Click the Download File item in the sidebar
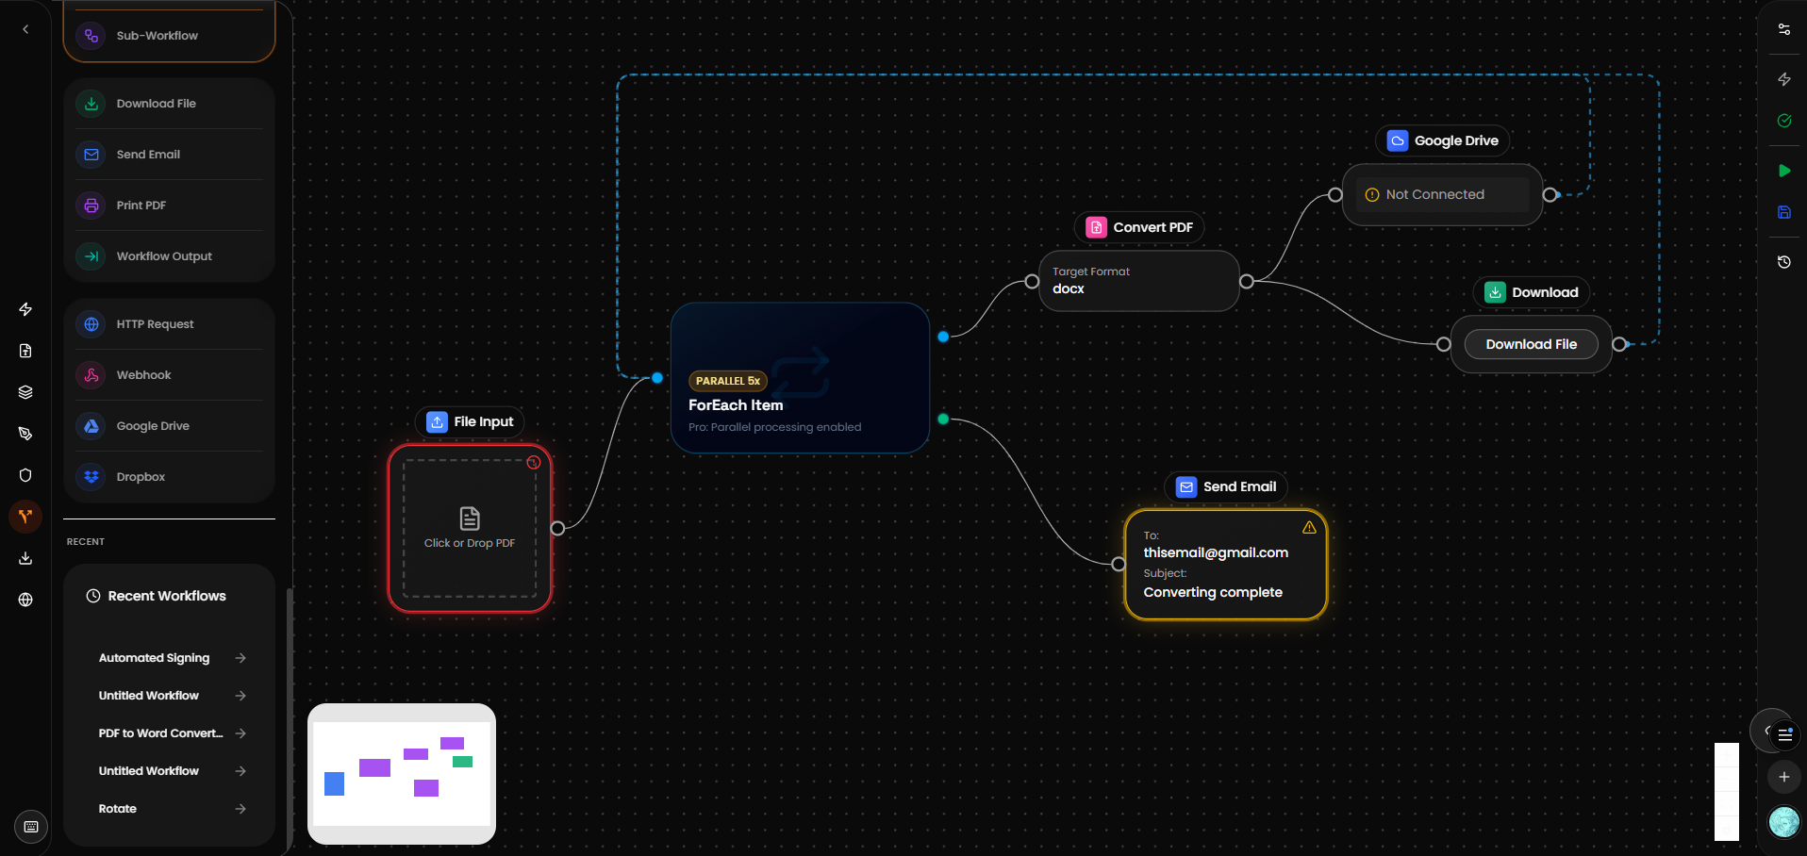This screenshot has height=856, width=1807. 157,104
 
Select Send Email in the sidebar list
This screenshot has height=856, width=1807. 148,155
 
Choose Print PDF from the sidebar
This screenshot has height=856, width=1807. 141,206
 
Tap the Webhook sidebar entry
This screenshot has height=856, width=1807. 143,375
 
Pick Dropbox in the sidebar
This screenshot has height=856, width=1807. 141,477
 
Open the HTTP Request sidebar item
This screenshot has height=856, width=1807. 155,324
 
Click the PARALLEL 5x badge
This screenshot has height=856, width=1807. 728,381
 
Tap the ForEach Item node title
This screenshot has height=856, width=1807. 736,405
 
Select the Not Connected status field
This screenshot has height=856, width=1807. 1434,194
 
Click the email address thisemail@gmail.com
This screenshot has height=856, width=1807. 1216,552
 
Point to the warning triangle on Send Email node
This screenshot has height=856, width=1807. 1309,528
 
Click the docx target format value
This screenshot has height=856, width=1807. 1069,289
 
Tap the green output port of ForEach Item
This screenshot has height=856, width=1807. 943,420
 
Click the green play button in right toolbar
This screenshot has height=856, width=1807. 1784,171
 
